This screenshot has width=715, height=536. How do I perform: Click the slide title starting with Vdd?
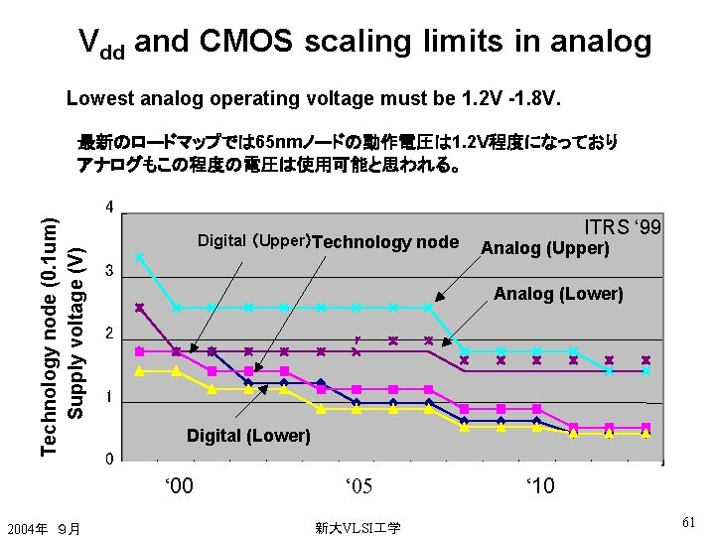tap(365, 43)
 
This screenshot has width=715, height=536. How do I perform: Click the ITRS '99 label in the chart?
tap(623, 226)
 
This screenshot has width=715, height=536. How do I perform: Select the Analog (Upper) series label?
tap(545, 248)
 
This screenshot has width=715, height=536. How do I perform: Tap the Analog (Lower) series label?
tap(558, 294)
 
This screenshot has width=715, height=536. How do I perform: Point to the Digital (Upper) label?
tap(254, 240)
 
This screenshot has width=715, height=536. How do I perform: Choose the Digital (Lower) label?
tap(248, 436)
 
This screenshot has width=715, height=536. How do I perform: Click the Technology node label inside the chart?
tap(385, 242)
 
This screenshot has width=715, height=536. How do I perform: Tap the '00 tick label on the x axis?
tap(179, 485)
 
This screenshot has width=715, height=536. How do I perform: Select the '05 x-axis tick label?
tap(358, 485)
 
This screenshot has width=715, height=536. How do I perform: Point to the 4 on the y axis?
tap(109, 207)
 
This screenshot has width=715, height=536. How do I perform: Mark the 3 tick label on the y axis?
tap(109, 270)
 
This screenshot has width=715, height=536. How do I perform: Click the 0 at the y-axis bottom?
tap(109, 459)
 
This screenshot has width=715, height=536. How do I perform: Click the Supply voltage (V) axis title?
tap(75, 334)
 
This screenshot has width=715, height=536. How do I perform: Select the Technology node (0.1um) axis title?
tap(49, 336)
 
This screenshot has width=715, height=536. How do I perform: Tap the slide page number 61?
tap(688, 522)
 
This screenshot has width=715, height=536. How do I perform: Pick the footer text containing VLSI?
tap(357, 528)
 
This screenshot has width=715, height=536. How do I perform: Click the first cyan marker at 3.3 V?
tap(140, 257)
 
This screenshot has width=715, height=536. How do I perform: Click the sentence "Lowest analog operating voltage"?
tap(314, 98)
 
